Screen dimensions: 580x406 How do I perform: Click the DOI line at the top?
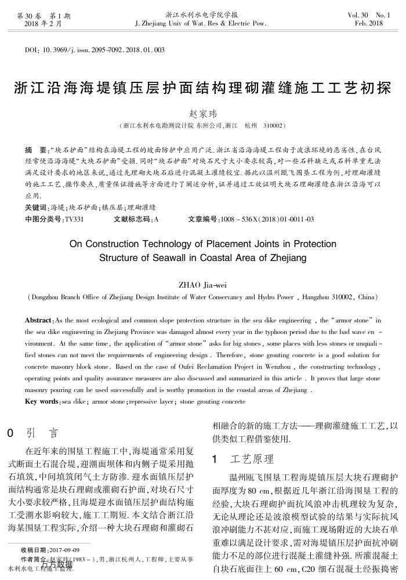(x=95, y=50)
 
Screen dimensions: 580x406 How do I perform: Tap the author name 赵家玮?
(x=202, y=114)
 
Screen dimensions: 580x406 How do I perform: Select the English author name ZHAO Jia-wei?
(x=202, y=285)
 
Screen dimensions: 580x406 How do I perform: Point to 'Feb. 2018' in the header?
(x=368, y=23)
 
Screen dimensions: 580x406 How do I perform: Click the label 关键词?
(x=37, y=207)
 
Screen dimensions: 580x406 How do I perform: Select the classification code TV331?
(x=75, y=219)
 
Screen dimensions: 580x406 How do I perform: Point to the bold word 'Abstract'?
(x=40, y=320)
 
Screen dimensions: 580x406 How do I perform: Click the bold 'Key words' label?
(x=42, y=401)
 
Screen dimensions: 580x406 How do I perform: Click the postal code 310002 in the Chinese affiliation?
(x=273, y=125)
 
